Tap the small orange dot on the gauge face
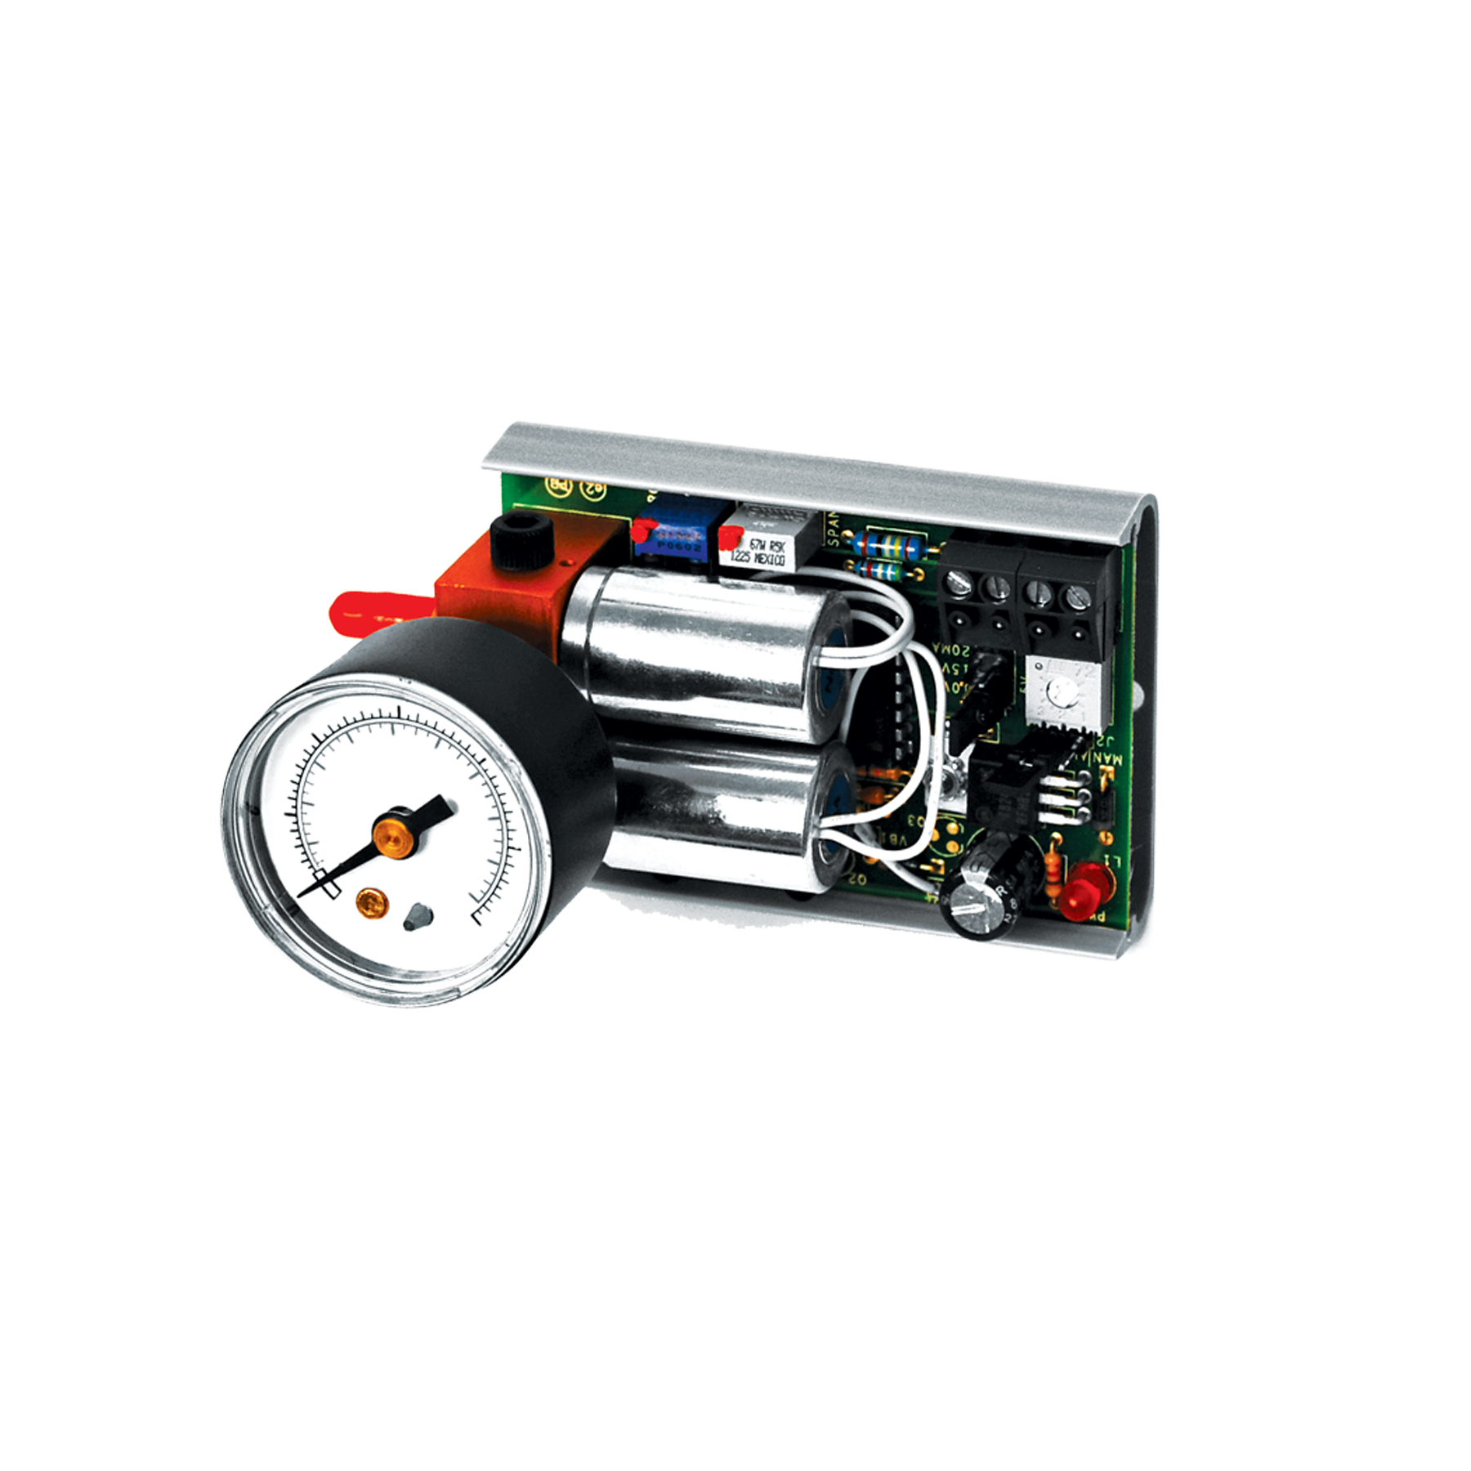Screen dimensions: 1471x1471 [370, 902]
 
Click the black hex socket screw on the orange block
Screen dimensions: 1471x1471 [523, 541]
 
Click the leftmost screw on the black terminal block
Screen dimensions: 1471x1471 [958, 584]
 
